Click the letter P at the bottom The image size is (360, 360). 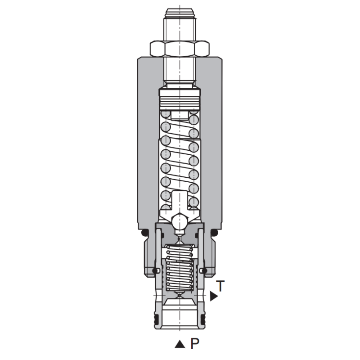click(195, 344)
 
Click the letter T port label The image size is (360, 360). click(220, 286)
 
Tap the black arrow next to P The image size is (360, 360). click(180, 344)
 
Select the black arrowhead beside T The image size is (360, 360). click(214, 296)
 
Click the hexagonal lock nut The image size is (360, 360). click(180, 49)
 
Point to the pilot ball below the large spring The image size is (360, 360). click(180, 220)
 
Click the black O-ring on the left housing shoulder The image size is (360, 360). click(145, 233)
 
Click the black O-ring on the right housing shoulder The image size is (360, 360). click(214, 233)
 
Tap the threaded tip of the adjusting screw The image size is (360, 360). click(180, 13)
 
